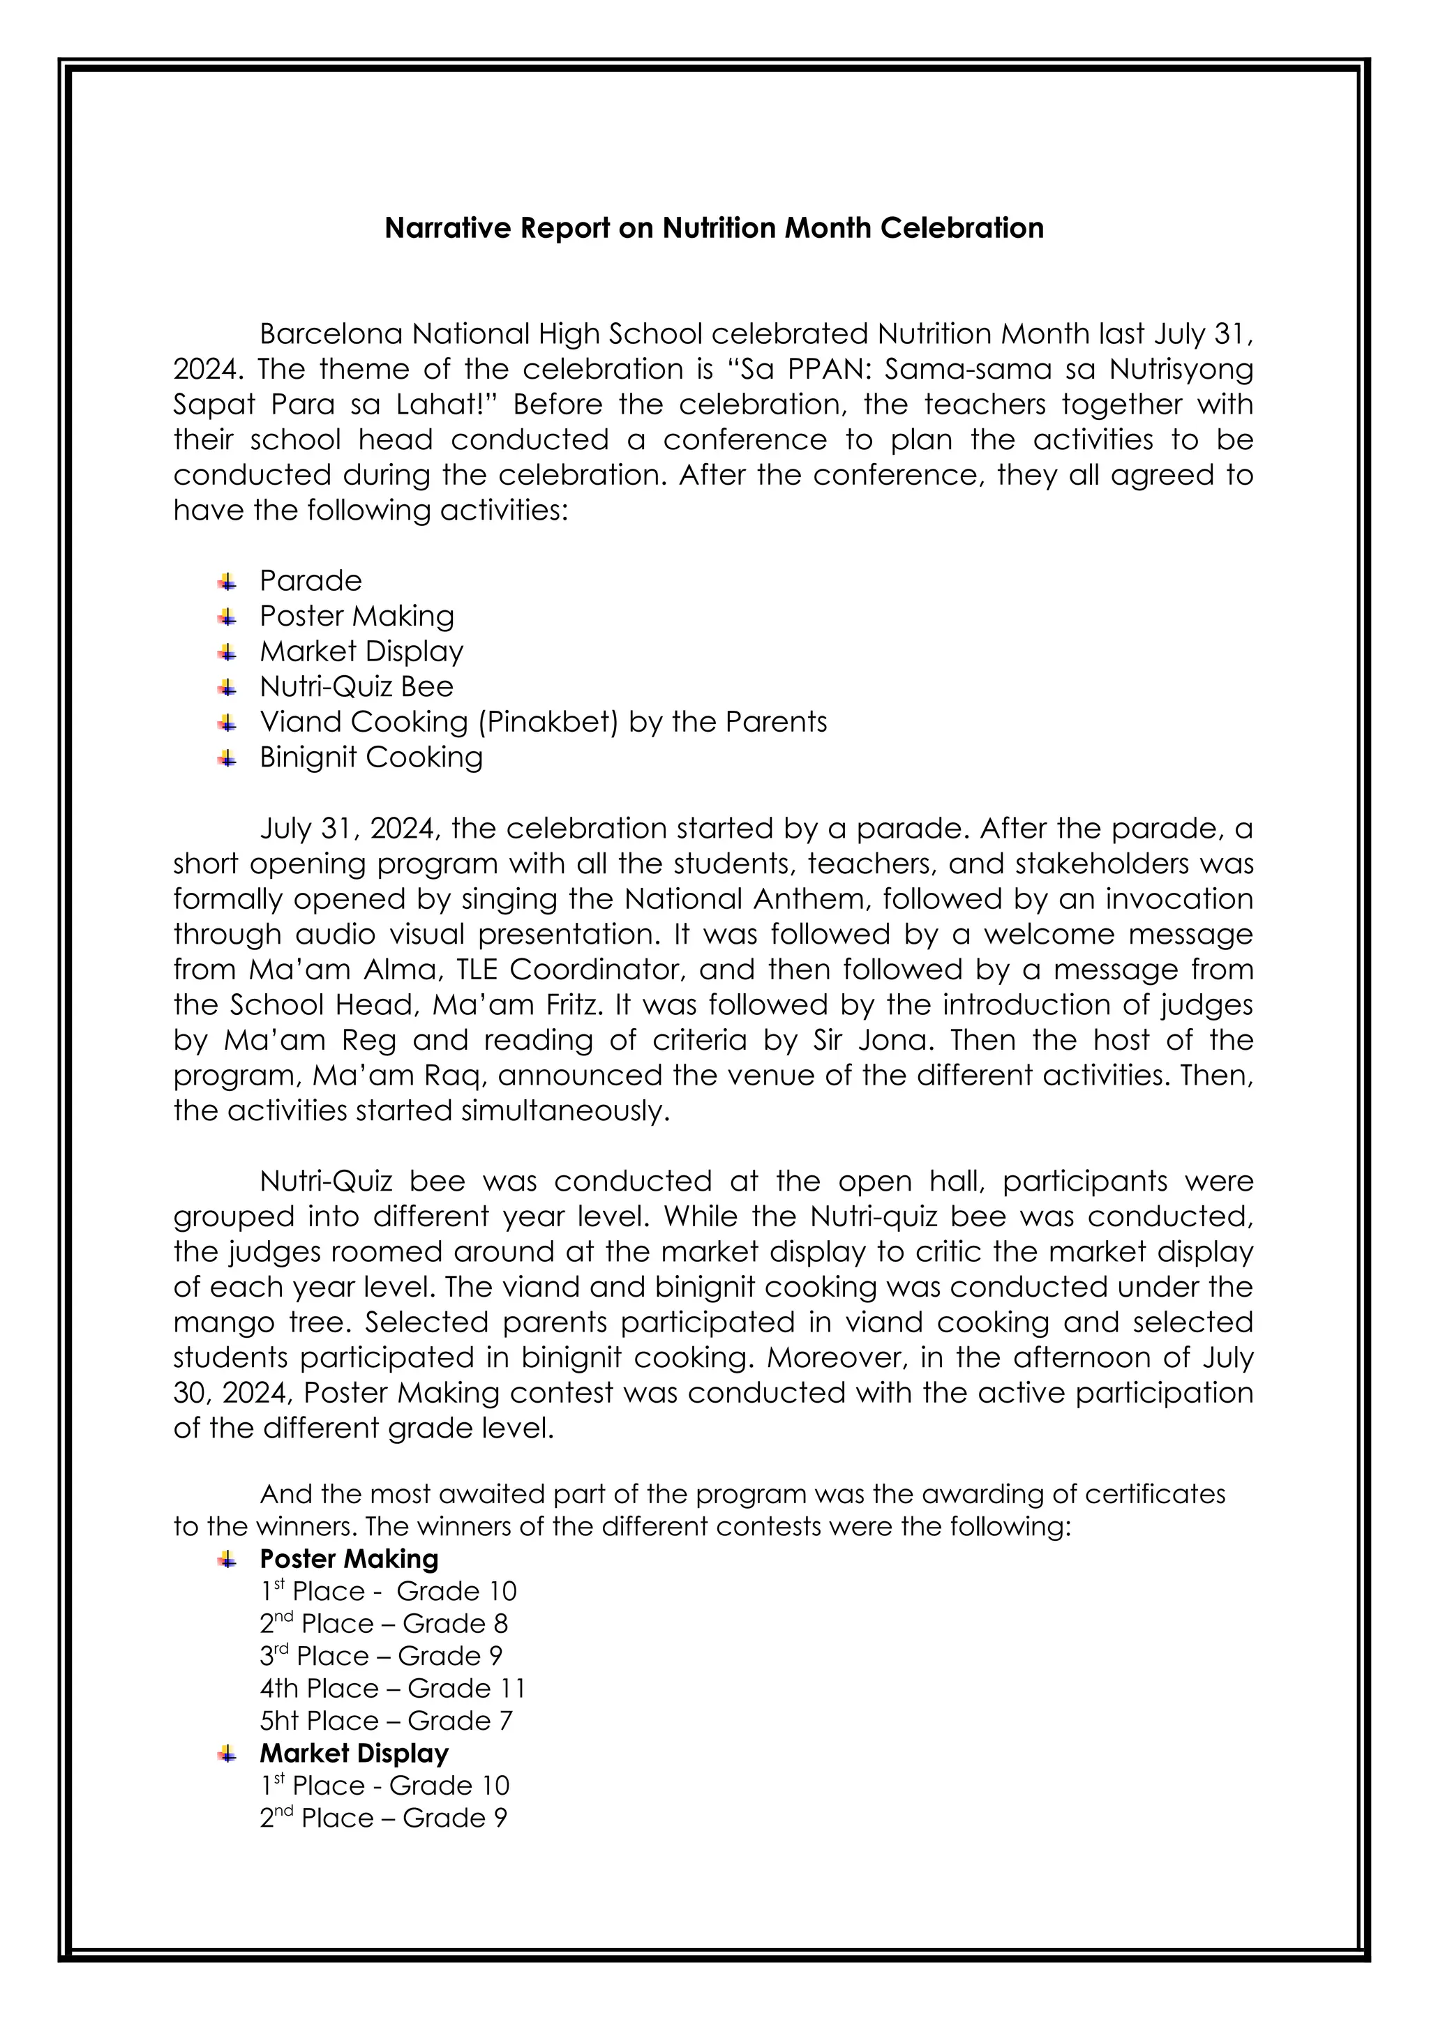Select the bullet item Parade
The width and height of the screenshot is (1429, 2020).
pyautogui.click(x=311, y=580)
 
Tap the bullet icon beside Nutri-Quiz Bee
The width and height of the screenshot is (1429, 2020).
pyautogui.click(x=228, y=687)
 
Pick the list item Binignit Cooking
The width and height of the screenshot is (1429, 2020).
pyautogui.click(x=371, y=757)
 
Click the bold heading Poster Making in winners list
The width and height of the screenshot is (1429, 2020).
pyautogui.click(x=348, y=1559)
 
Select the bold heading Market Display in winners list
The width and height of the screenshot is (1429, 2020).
pyautogui.click(x=354, y=1753)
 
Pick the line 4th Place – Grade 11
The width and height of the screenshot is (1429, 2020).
pyautogui.click(x=392, y=1688)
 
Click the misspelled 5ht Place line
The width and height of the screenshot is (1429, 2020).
pyautogui.click(x=385, y=1720)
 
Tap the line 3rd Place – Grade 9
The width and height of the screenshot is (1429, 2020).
pyautogui.click(x=380, y=1656)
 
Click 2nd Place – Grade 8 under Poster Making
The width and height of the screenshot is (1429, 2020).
pyautogui.click(x=384, y=1624)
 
